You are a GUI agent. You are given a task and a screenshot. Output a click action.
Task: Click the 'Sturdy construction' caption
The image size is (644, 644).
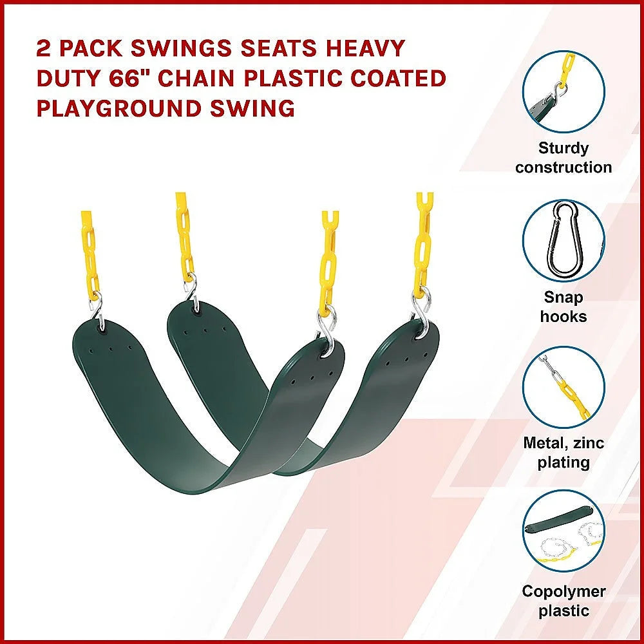(563, 158)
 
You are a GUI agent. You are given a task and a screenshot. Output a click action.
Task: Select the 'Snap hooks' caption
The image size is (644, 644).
(563, 307)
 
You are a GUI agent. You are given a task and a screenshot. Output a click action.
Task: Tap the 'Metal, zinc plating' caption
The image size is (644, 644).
(563, 453)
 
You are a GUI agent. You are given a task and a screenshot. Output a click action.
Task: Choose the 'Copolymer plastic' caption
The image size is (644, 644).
(563, 601)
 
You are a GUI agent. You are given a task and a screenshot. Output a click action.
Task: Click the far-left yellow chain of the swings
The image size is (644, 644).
(90, 251)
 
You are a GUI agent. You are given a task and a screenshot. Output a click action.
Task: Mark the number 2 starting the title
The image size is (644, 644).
(43, 48)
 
